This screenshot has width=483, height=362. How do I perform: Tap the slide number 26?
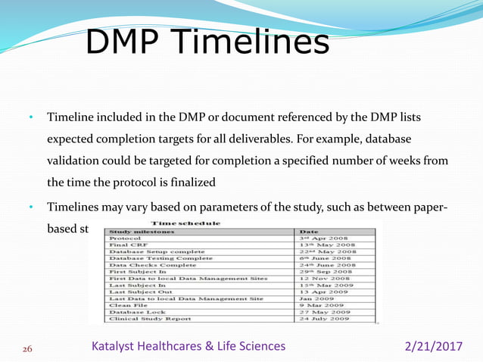click(x=27, y=348)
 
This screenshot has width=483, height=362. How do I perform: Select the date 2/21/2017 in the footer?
click(x=432, y=346)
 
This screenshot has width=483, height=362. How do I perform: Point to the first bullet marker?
click(x=31, y=119)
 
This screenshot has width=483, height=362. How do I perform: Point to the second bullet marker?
click(x=31, y=207)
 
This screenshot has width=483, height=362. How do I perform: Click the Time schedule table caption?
click(x=185, y=223)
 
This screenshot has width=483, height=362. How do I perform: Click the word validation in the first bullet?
click(x=76, y=162)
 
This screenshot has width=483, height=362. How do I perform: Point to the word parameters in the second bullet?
click(x=214, y=207)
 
